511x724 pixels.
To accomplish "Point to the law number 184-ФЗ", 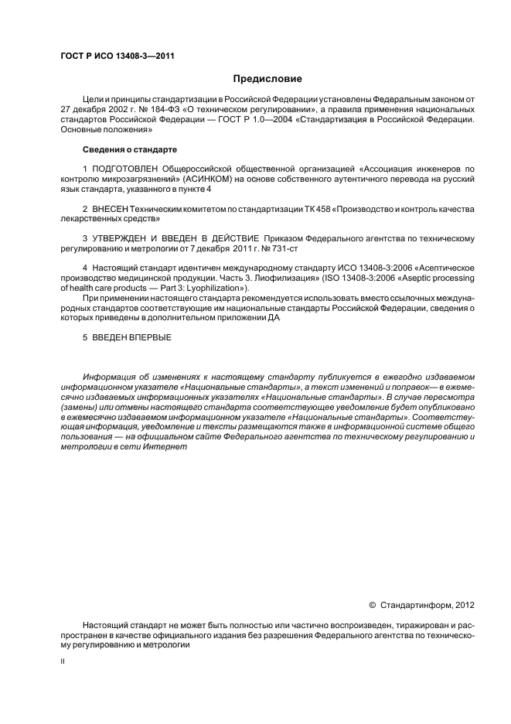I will [159, 110].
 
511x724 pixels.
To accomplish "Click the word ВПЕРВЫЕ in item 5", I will [151, 337].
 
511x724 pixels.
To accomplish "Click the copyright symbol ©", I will [372, 604].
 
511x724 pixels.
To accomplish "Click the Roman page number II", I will [62, 661].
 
